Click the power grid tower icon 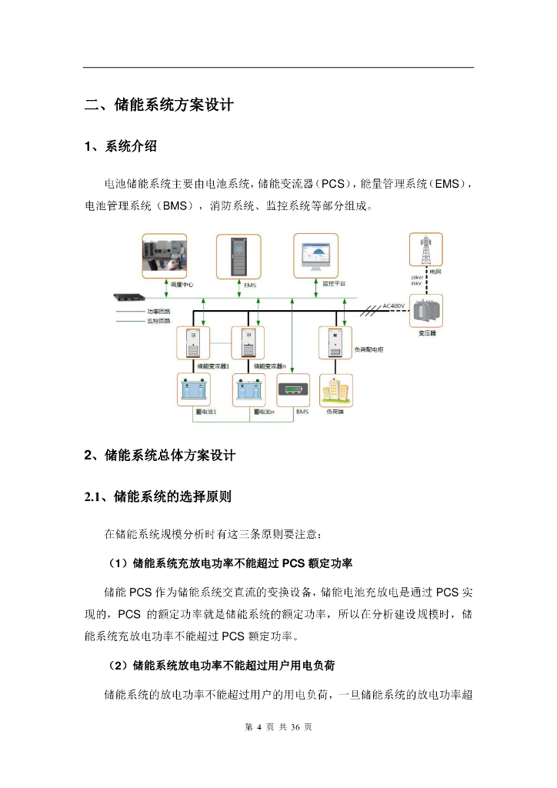click(x=425, y=251)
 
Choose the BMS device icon click(x=293, y=391)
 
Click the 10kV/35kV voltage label click(x=416, y=280)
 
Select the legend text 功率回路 click(x=158, y=312)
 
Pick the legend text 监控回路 click(x=158, y=321)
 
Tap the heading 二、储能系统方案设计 click(x=159, y=105)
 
